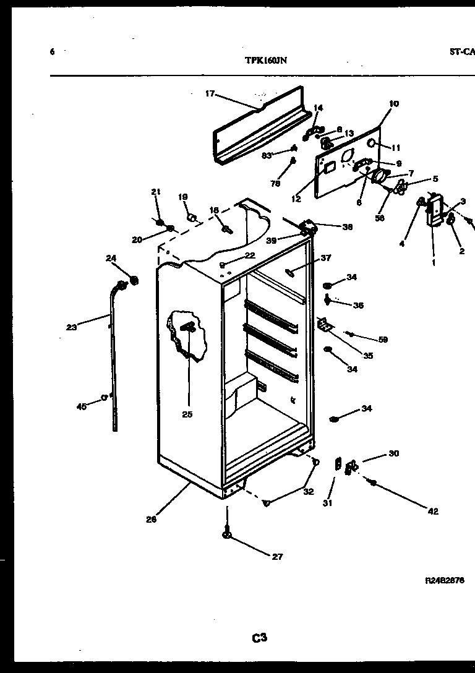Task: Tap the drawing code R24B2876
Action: (x=444, y=581)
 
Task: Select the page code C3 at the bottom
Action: (x=259, y=637)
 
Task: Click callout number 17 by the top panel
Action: (x=210, y=94)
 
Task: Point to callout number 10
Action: (x=394, y=104)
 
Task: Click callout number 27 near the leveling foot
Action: (x=277, y=557)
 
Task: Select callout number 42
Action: (x=432, y=511)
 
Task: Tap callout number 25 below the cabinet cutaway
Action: (x=187, y=414)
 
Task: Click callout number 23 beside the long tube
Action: (x=72, y=327)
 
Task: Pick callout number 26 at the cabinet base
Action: (x=151, y=520)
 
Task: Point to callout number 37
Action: (x=326, y=258)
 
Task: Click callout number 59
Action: (x=383, y=339)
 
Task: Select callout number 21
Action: (x=155, y=192)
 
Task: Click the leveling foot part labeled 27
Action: (x=227, y=534)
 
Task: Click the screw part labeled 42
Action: (x=373, y=482)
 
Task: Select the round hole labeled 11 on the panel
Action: (x=372, y=144)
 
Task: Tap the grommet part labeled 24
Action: (x=132, y=282)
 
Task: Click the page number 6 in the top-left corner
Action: (x=53, y=52)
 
